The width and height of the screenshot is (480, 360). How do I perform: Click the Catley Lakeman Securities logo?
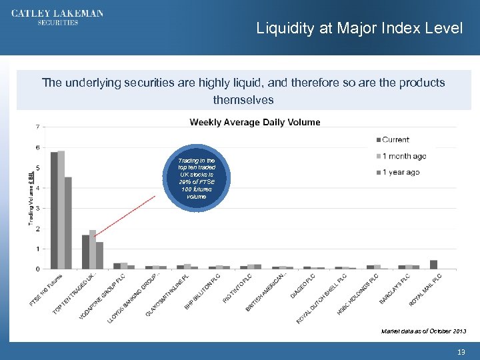click(57, 18)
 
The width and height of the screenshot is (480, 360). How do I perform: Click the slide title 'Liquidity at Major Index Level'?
click(359, 29)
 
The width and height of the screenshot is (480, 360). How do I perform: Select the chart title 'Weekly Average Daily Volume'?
click(255, 122)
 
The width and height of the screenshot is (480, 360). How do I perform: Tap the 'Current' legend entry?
click(395, 139)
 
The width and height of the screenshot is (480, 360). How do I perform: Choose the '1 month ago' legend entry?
click(403, 156)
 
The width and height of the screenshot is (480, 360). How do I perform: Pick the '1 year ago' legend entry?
click(400, 172)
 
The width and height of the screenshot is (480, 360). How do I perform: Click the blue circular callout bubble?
click(197, 179)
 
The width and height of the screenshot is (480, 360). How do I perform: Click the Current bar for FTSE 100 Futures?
click(54, 210)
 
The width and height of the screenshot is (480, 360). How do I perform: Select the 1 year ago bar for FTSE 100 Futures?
click(68, 223)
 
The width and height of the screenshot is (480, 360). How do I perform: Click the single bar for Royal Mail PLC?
click(433, 265)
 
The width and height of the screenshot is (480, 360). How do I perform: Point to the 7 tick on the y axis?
click(37, 127)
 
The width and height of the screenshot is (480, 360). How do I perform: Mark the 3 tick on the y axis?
click(37, 208)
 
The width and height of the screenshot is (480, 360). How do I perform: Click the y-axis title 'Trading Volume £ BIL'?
click(31, 198)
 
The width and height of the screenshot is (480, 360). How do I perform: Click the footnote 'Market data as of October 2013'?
click(423, 331)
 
